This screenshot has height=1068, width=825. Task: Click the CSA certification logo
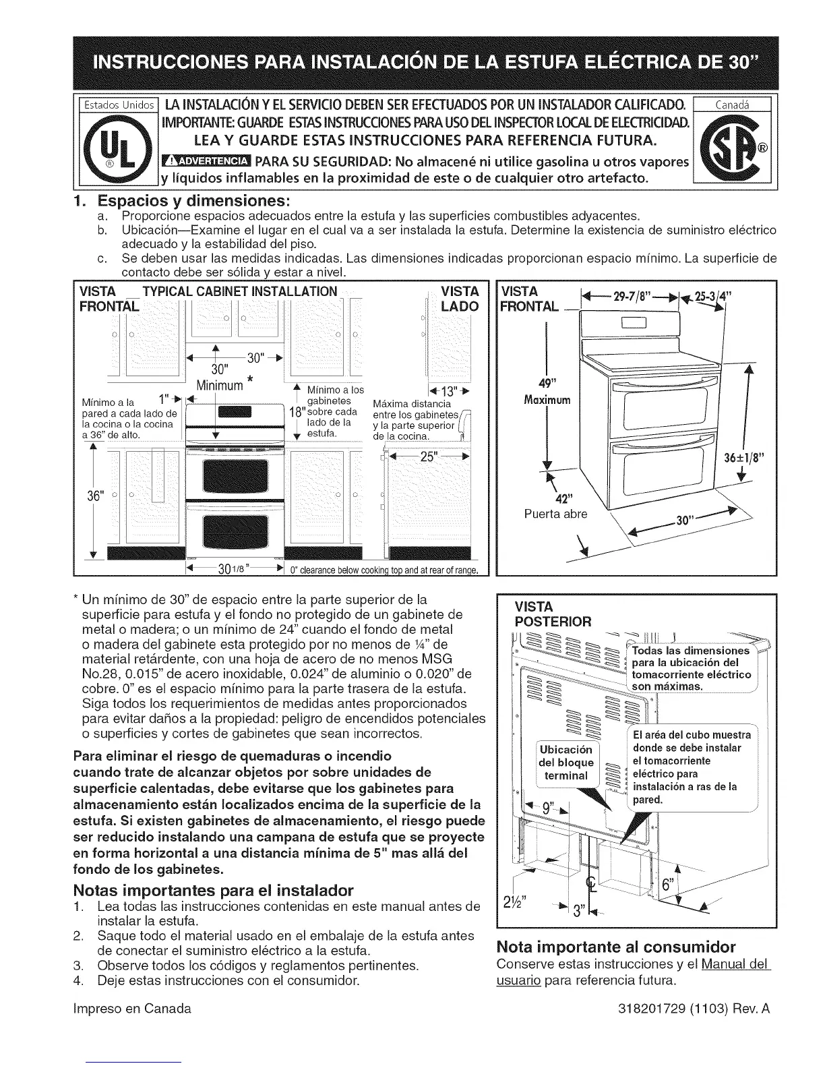[x=728, y=146]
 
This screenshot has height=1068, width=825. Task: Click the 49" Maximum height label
[x=547, y=392]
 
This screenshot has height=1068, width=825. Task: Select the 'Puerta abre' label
[x=555, y=514]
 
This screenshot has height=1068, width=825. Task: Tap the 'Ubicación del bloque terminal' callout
[x=566, y=763]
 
